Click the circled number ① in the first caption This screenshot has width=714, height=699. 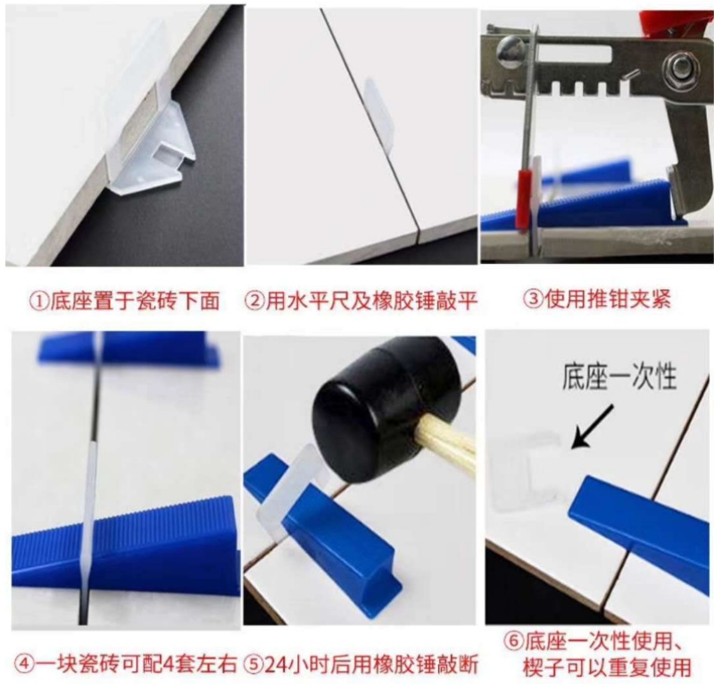point(39,301)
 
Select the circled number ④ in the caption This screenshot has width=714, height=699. point(24,665)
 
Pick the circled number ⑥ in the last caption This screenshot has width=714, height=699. point(514,642)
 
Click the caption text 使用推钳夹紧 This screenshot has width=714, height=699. point(608,300)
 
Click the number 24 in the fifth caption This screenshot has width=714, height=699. point(276,665)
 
